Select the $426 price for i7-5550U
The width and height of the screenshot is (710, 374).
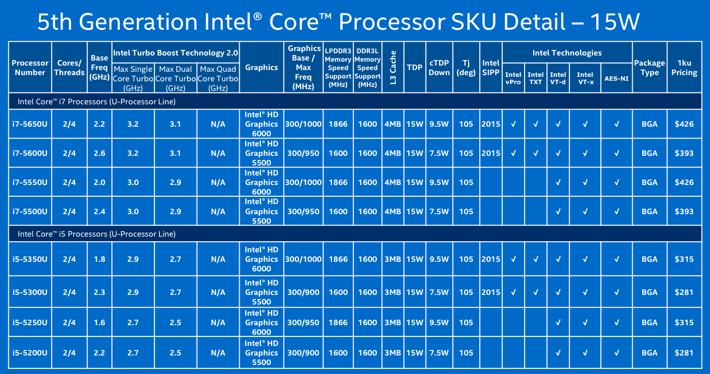coord(684,182)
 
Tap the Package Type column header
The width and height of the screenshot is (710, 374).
coord(650,68)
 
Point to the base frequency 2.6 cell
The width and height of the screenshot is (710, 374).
coord(99,153)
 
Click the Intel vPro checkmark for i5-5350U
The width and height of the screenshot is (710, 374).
coord(513,259)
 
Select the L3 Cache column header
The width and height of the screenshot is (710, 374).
coord(393,68)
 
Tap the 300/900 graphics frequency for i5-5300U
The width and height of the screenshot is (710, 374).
coord(303,292)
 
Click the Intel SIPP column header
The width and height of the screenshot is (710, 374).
coord(491,68)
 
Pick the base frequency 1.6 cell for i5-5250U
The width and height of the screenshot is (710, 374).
coord(99,322)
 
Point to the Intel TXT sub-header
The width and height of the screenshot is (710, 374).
coord(535,78)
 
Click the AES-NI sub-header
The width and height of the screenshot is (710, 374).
coord(616,79)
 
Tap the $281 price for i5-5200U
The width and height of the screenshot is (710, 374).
coord(684,353)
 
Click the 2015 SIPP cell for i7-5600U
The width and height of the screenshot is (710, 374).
coord(491,153)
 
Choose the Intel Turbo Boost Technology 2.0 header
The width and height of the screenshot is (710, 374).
coord(175,53)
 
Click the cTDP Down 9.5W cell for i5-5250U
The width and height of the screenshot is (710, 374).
coord(440,322)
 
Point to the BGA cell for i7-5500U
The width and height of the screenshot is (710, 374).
coord(650,211)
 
